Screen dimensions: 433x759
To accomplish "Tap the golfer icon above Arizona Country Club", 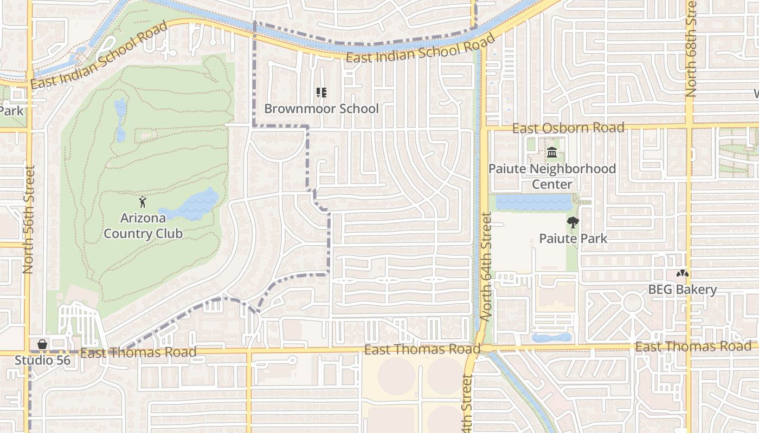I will click(x=143, y=202).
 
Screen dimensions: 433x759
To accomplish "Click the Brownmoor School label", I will click(x=321, y=108).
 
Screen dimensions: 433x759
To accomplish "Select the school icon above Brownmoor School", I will click(x=321, y=93).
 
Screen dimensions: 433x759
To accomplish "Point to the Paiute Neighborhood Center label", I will click(x=552, y=176).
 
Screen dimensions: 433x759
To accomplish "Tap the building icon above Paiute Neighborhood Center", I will click(x=552, y=153).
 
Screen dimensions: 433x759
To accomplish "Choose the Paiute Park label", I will click(x=573, y=238).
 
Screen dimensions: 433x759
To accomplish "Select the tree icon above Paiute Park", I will click(x=573, y=222).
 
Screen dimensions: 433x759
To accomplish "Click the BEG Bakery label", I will click(x=683, y=290).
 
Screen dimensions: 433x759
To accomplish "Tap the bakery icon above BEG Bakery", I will click(x=683, y=274).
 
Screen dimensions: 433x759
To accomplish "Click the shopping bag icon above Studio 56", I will click(x=42, y=344).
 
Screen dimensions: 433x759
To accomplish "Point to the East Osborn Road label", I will click(x=568, y=128).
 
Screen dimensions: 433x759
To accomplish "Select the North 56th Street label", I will click(x=28, y=219).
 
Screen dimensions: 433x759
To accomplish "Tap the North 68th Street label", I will click(x=690, y=49).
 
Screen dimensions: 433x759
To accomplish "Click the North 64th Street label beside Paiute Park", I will click(x=486, y=266).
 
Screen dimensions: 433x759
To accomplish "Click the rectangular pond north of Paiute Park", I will click(x=533, y=202).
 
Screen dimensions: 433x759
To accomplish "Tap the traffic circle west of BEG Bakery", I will click(x=632, y=302).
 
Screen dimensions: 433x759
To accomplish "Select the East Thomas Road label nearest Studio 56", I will click(x=138, y=353).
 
